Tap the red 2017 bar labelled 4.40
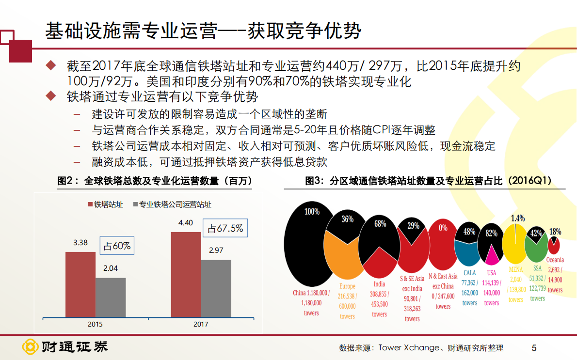[x=186, y=274]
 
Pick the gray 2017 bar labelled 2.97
[x=216, y=288]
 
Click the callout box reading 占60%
[x=117, y=246]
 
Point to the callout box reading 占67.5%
[x=225, y=228]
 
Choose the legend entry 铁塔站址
[x=105, y=204]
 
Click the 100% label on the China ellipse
[x=312, y=212]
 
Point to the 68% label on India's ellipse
[x=380, y=223]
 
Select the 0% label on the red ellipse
[x=443, y=227]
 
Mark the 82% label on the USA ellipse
[x=491, y=233]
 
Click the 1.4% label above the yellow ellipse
[x=517, y=219]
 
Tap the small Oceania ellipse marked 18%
[x=554, y=244]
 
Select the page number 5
[x=534, y=347]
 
